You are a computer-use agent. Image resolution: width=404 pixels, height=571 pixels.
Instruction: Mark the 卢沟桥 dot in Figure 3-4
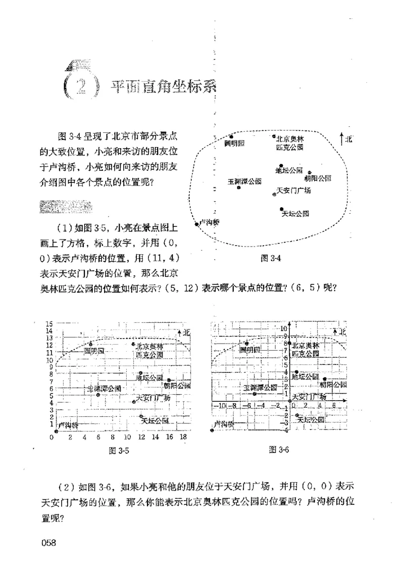click(196, 223)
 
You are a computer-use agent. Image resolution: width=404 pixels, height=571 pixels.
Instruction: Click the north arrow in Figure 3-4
click(342, 137)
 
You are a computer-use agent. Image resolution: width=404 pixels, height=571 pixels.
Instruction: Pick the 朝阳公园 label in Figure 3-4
click(317, 178)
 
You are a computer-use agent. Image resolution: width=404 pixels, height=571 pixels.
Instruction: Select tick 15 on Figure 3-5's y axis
click(49, 324)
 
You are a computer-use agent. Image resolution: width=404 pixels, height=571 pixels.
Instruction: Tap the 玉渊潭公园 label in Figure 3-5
click(104, 388)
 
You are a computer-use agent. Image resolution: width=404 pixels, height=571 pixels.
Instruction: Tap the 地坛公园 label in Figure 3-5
click(149, 377)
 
